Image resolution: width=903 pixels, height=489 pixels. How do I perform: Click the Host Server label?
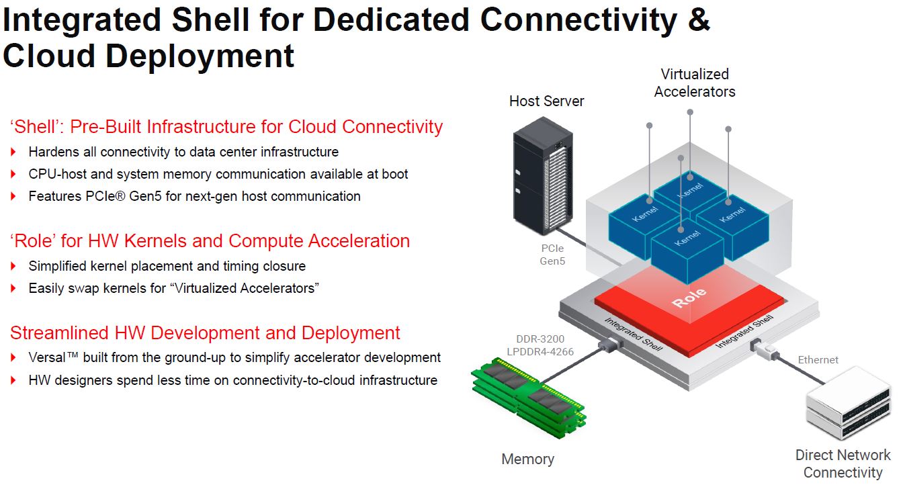(546, 101)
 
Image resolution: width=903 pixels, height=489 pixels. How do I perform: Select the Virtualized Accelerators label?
(694, 83)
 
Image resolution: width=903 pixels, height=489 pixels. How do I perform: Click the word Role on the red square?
(689, 297)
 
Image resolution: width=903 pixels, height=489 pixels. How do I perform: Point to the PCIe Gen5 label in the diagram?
(552, 255)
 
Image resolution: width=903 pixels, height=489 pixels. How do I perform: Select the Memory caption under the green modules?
(527, 459)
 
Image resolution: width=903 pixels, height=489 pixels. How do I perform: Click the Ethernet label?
(818, 360)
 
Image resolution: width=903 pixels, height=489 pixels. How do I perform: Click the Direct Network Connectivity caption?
(843, 463)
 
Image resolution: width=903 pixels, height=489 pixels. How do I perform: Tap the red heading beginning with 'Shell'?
(226, 126)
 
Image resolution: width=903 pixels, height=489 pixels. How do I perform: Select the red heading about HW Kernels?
(210, 240)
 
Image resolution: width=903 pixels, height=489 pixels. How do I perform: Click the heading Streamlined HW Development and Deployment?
(205, 332)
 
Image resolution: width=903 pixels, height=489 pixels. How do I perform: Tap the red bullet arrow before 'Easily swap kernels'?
(13, 288)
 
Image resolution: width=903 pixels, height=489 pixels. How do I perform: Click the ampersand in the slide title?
(699, 19)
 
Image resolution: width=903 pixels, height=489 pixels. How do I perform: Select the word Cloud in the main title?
(48, 56)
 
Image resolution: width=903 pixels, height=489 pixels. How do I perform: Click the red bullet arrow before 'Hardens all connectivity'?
(13, 152)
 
